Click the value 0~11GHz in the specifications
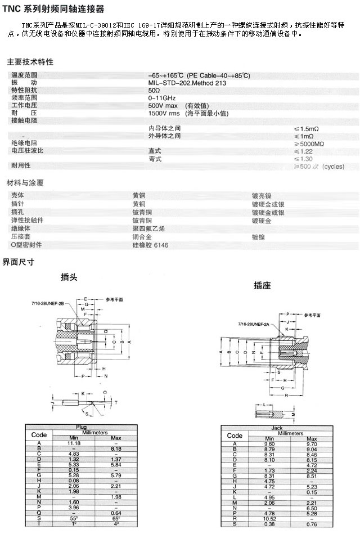(x=162, y=98)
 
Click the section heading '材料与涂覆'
(x=25, y=183)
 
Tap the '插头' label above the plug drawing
(x=69, y=277)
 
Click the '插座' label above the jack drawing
(x=262, y=285)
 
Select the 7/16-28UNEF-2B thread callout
(x=48, y=303)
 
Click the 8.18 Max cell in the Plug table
(x=116, y=448)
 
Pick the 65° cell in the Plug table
(x=116, y=518)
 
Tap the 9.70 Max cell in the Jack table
(x=312, y=444)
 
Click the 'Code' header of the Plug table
(x=39, y=435)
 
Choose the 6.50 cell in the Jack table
(x=312, y=508)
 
